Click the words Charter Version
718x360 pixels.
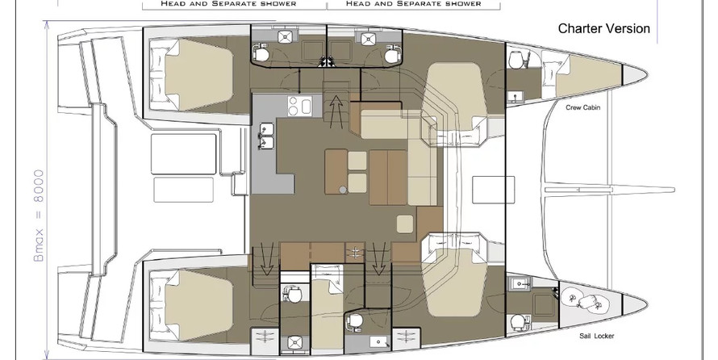pyautogui.click(x=603, y=28)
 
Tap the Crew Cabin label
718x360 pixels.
pyautogui.click(x=583, y=107)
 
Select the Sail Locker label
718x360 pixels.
pyautogui.click(x=597, y=336)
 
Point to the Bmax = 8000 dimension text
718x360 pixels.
pyautogui.click(x=40, y=216)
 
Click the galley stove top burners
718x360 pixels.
pyautogui.click(x=299, y=106)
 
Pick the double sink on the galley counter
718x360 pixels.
pyautogui.click(x=266, y=136)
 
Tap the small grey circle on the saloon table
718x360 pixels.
pyautogui.click(x=343, y=190)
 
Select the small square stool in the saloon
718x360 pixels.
pyautogui.click(x=405, y=224)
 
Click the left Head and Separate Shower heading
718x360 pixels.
pyautogui.click(x=228, y=4)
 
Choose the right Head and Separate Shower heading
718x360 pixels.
pyautogui.click(x=413, y=4)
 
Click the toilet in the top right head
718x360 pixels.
pyautogui.click(x=390, y=55)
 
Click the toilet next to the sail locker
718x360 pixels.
pyautogui.click(x=517, y=321)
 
